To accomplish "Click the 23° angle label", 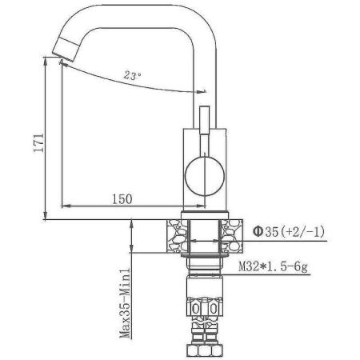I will pos(133,75).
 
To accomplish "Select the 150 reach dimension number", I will pos(122,198).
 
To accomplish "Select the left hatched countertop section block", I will pos(178,235).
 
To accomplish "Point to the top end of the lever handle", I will pos(203,93).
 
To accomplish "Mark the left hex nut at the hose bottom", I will pos(195,350).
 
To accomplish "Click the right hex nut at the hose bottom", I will pos(214,350).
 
